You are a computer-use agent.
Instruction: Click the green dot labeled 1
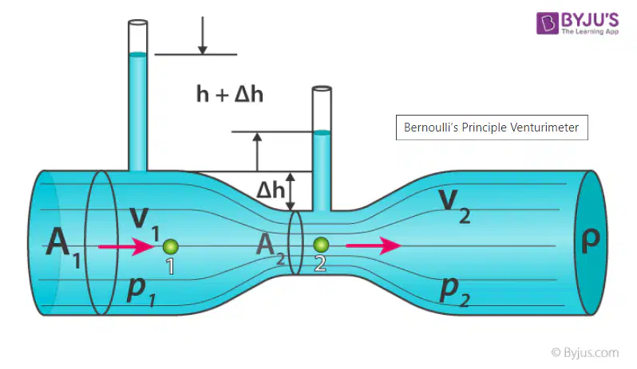click(x=171, y=246)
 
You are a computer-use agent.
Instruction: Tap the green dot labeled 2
click(x=322, y=245)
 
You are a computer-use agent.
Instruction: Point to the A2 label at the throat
click(x=271, y=248)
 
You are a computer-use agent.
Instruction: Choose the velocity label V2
click(x=454, y=206)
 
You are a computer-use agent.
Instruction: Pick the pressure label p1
click(x=140, y=290)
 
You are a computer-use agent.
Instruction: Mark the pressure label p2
click(x=454, y=290)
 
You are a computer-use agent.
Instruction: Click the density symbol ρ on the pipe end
click(x=590, y=240)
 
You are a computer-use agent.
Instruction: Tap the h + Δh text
click(x=230, y=94)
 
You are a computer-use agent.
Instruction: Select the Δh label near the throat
click(x=271, y=190)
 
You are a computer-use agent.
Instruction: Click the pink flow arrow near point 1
click(x=126, y=246)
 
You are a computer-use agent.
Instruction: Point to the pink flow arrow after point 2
click(x=374, y=245)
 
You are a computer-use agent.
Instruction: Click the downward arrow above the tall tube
click(x=202, y=35)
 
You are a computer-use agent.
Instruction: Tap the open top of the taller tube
click(x=138, y=22)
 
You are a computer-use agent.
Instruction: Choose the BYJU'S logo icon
click(x=548, y=23)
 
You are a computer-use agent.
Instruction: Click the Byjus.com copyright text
click(x=585, y=353)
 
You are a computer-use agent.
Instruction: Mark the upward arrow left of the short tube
click(x=257, y=151)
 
